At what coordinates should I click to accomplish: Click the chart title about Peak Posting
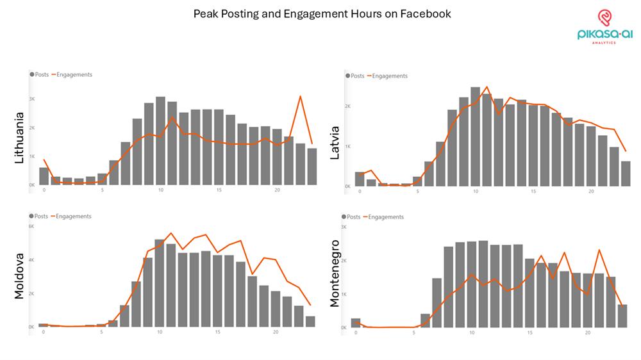322,13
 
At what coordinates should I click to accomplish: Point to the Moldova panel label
19,275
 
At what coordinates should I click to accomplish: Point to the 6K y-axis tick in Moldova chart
31,226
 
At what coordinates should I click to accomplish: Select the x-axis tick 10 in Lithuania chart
160,190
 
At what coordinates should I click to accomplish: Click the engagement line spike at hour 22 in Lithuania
300,96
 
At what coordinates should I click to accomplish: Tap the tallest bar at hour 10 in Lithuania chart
160,141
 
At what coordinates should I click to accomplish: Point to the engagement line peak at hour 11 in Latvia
487,86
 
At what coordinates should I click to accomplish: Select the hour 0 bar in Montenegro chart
356,323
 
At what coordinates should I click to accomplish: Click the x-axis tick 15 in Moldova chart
218,332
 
